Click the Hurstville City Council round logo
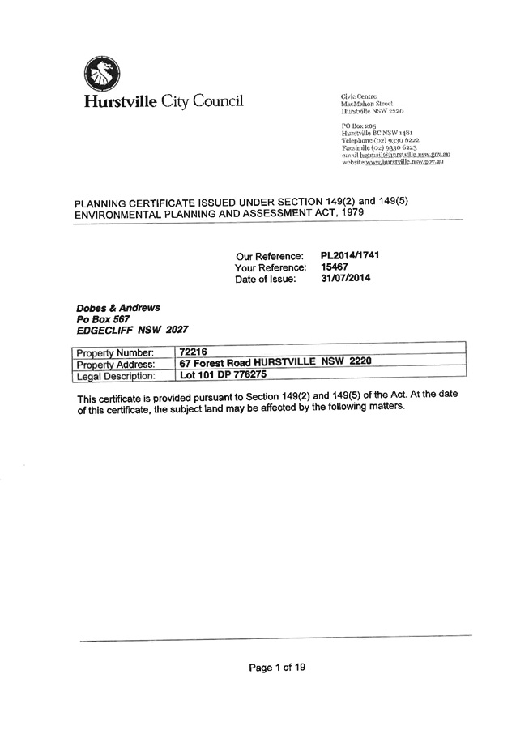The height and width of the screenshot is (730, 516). point(101,75)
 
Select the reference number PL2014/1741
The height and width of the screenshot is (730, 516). point(351,255)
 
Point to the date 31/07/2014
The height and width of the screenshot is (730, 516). point(346,278)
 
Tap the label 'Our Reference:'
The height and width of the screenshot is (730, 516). point(269,256)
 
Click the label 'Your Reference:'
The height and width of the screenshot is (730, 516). point(270,267)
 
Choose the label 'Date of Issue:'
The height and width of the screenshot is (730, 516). point(266,279)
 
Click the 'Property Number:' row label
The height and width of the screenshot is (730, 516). point(114,353)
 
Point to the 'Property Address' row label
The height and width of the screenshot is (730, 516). point(114,365)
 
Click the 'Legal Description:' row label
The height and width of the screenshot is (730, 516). point(114,376)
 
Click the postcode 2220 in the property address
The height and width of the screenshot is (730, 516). point(360,361)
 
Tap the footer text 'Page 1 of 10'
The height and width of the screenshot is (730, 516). point(277,668)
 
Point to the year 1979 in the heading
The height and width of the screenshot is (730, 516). point(352,211)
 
